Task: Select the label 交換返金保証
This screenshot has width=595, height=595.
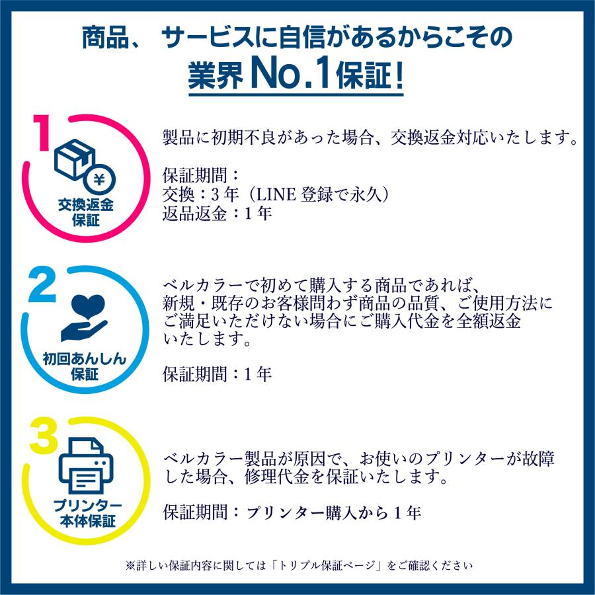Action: coord(85,213)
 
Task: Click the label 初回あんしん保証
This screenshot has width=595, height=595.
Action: coord(84,367)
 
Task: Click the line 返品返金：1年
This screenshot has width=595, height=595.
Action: coord(217,214)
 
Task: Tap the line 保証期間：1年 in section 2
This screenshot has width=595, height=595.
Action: coord(217,374)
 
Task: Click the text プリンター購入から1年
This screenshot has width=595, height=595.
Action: coord(334,513)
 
